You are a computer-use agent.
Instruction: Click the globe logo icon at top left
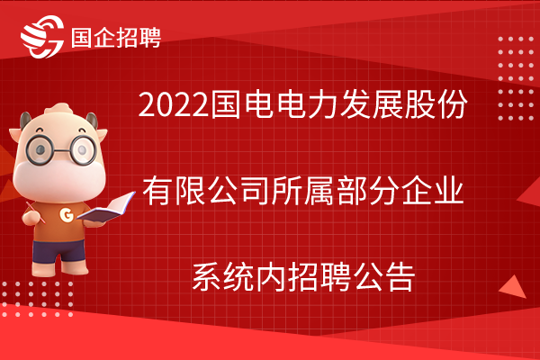(x=42, y=37)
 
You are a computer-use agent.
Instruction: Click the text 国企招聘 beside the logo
(x=116, y=37)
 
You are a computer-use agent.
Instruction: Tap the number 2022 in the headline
(x=174, y=104)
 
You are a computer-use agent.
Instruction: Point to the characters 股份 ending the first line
(x=436, y=104)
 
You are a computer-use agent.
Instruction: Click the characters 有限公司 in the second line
(x=206, y=191)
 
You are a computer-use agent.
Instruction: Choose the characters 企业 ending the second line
(x=432, y=191)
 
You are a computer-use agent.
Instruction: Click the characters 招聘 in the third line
(x=319, y=277)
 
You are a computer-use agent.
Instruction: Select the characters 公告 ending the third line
(x=383, y=277)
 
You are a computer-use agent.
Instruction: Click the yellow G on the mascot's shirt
(x=67, y=215)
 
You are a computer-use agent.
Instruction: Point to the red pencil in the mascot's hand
(x=35, y=212)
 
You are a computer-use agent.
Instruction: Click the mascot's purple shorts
(x=58, y=251)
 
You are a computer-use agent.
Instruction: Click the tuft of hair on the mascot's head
(x=59, y=109)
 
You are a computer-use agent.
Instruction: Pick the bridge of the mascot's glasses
(x=62, y=150)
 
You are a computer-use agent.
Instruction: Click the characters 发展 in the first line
(x=370, y=104)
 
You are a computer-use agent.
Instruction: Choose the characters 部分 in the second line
(x=367, y=191)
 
